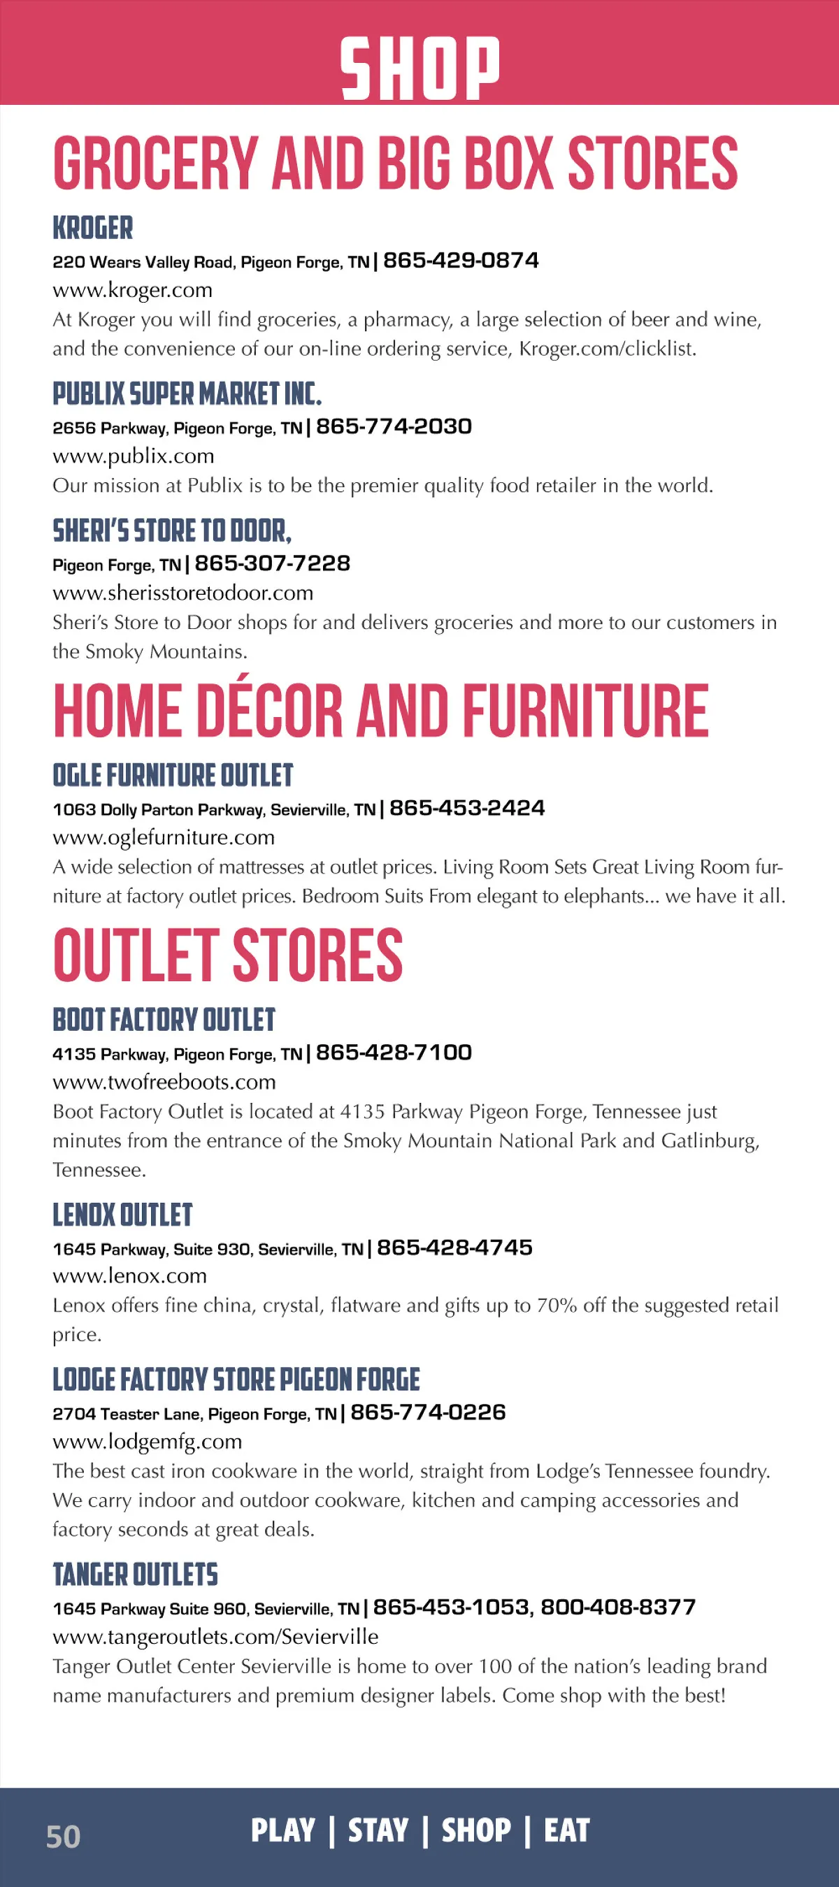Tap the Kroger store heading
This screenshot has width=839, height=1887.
tap(92, 228)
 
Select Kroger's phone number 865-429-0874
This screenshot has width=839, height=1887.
tap(461, 261)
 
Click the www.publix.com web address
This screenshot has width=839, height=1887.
tap(134, 456)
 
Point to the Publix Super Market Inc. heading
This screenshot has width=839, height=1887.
tap(187, 394)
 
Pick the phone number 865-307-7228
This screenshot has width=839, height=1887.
tap(273, 563)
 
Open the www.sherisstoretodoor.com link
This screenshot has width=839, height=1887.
tap(183, 593)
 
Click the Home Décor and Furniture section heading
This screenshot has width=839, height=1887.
tap(381, 711)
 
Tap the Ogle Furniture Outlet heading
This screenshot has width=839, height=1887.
tap(173, 775)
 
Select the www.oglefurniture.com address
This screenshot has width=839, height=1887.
tap(164, 837)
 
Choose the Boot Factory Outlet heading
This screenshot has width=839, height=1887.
tap(164, 1020)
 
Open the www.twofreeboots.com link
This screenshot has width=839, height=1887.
tap(165, 1082)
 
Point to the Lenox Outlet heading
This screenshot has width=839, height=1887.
tap(122, 1215)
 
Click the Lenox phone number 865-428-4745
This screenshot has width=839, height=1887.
tap(455, 1248)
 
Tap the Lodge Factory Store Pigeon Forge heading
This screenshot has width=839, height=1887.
tap(236, 1380)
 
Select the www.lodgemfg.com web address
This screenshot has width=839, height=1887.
tap(148, 1442)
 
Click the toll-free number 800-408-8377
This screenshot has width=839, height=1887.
tap(617, 1607)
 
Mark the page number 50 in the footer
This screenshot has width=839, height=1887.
tap(63, 1837)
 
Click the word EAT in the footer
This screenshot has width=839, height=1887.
tap(566, 1830)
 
